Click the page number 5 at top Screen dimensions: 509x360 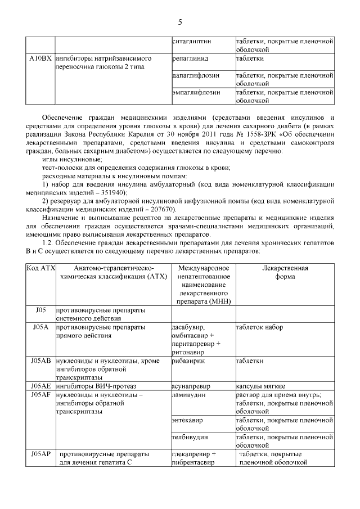click(180, 22)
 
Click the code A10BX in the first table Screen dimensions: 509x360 click(40, 58)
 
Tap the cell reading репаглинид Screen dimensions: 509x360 click(190, 58)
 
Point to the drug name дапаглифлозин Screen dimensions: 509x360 click(195, 75)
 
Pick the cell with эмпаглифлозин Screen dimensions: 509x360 click(196, 92)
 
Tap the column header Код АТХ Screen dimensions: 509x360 click(40, 268)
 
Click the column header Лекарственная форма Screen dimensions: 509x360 click(285, 272)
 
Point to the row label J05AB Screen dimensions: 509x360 click(40, 361)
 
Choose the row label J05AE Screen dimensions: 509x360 click(40, 386)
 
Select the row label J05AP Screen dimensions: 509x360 click(40, 453)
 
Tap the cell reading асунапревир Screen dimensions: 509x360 click(192, 386)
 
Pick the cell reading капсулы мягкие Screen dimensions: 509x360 click(260, 386)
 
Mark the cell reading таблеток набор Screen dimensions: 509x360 click(259, 327)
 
